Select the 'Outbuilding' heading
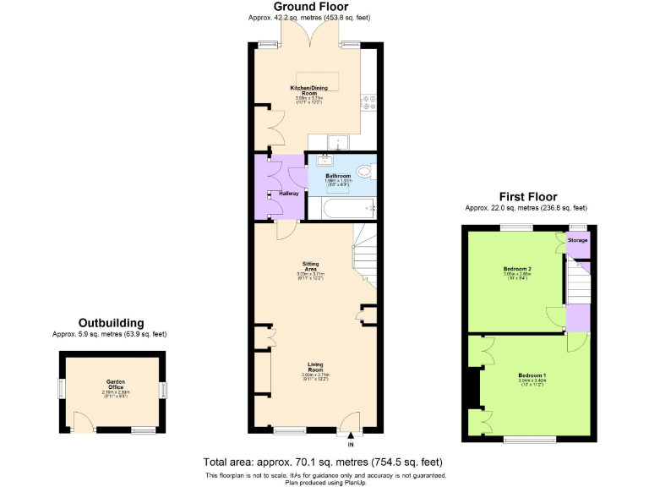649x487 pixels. [111, 323]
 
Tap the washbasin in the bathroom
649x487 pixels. [325, 161]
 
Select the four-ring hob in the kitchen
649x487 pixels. [369, 102]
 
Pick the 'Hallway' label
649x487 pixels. [289, 194]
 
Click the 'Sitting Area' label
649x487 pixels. [311, 266]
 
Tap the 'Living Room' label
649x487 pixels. [314, 368]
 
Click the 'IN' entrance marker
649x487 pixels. [351, 444]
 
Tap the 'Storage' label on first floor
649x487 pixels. [577, 240]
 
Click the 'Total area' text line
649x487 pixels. [322, 462]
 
